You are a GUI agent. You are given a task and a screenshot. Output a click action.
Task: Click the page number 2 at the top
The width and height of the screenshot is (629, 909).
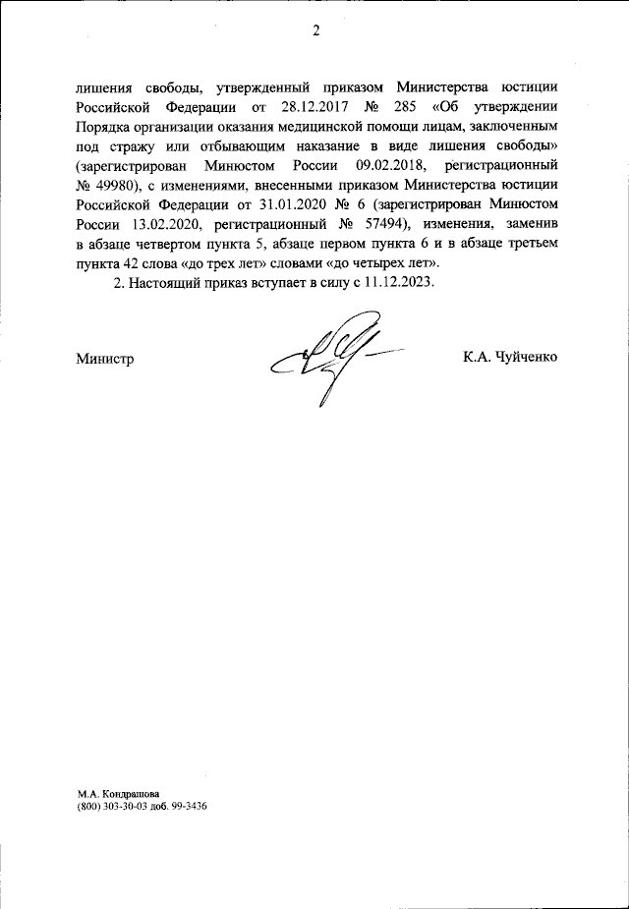click(x=316, y=29)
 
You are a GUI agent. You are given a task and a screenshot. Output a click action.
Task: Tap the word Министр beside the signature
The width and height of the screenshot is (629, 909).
click(x=104, y=358)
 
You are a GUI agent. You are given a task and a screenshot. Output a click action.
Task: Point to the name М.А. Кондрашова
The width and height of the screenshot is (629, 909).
click(x=117, y=791)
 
